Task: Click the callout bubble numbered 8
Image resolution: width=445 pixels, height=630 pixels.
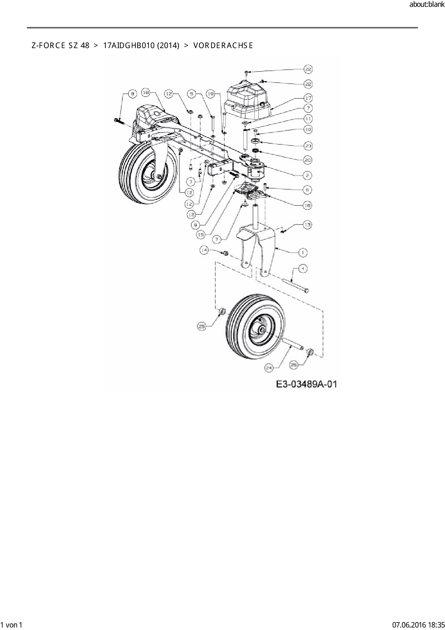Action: tap(132, 94)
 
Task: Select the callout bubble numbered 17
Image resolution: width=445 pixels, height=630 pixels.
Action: tap(308, 98)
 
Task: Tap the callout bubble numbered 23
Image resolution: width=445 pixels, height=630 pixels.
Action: tap(308, 146)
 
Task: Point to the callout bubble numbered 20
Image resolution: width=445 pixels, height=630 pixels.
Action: tap(308, 160)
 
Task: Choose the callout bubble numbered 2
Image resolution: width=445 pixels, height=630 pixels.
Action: tap(307, 175)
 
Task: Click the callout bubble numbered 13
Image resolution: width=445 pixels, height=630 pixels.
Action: tap(307, 225)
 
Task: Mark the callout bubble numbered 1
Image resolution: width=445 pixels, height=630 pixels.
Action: tap(303, 253)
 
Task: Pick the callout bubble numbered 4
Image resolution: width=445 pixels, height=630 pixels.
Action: tap(303, 268)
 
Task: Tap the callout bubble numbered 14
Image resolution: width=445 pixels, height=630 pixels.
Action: tap(204, 250)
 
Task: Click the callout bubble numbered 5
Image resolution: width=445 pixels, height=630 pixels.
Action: tap(192, 94)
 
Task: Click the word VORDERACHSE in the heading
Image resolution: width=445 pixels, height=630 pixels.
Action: tap(223, 46)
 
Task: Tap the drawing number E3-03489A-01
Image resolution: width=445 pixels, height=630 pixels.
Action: tap(306, 384)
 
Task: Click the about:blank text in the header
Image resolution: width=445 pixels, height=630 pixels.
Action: tap(427, 5)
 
